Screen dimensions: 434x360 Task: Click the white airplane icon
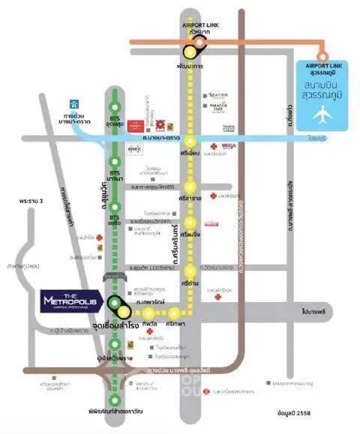click(x=323, y=115)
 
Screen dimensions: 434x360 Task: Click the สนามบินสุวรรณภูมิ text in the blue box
click(x=323, y=90)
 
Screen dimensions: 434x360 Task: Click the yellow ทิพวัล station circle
click(x=150, y=313)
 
